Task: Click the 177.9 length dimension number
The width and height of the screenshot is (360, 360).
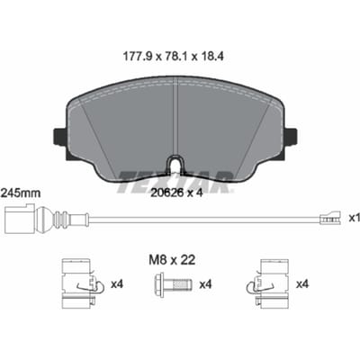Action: (x=139, y=57)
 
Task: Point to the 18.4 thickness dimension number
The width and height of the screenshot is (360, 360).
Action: (x=211, y=57)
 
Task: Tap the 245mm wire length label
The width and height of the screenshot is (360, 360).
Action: (x=21, y=193)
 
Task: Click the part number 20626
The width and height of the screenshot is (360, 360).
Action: (x=166, y=193)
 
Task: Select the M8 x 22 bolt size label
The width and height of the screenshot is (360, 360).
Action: (x=172, y=259)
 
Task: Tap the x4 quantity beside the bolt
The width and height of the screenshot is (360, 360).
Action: (x=205, y=283)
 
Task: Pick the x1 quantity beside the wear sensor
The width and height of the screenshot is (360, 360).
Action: (x=354, y=218)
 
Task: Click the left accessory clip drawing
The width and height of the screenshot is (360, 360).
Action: (x=82, y=283)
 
